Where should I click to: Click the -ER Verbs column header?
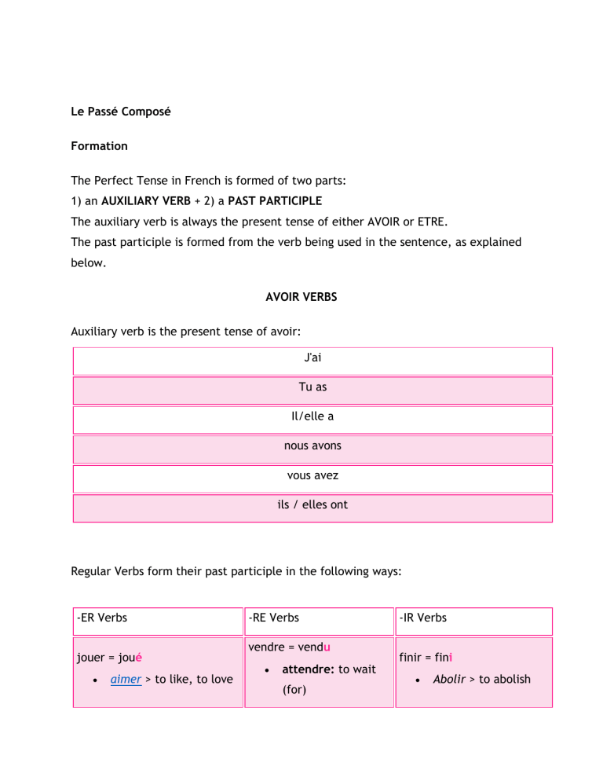(102, 618)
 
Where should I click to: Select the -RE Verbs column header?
(272, 618)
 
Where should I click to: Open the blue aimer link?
(126, 679)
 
